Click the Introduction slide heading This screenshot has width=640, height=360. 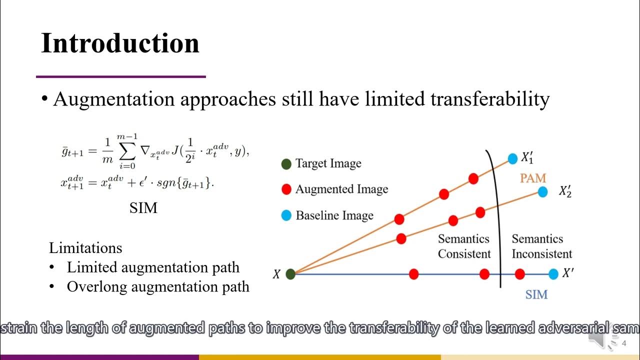[x=120, y=43]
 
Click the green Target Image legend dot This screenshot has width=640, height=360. [x=286, y=163]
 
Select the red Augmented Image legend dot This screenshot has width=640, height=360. [x=286, y=189]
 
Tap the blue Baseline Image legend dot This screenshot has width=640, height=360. [x=286, y=215]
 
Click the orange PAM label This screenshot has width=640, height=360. [x=532, y=178]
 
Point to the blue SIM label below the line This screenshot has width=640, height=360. [x=536, y=294]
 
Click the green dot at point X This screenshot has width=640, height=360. [x=290, y=274]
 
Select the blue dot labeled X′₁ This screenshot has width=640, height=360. [x=512, y=159]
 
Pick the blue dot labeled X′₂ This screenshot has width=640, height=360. [x=542, y=191]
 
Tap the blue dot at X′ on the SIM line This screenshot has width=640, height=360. [x=553, y=274]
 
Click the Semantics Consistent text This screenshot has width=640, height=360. [x=463, y=246]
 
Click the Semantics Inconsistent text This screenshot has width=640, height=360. [x=541, y=246]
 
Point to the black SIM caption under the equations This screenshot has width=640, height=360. [x=143, y=208]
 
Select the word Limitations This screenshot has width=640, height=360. [x=85, y=248]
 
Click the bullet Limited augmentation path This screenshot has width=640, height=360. [x=153, y=267]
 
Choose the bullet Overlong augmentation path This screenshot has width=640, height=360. [x=157, y=287]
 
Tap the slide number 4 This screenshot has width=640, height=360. [x=623, y=343]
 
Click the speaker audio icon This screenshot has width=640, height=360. [x=598, y=340]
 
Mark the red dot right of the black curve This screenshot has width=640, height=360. [x=519, y=274]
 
